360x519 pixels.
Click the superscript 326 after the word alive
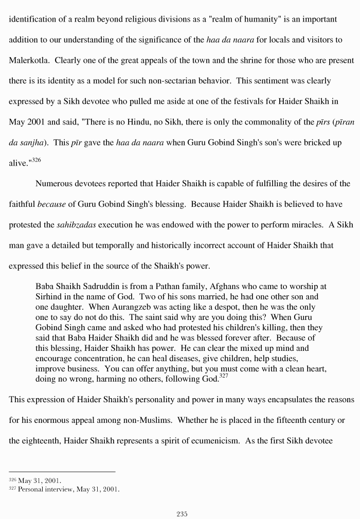tap(35, 160)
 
